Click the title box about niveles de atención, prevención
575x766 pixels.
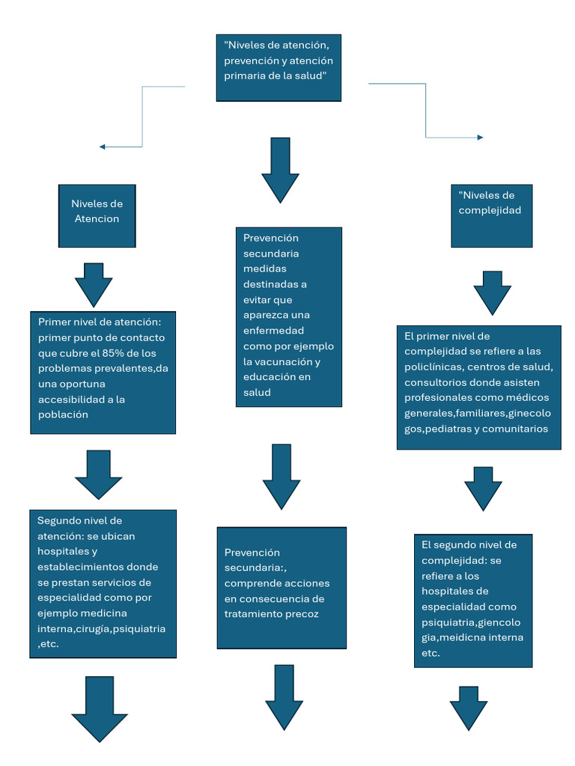(278, 67)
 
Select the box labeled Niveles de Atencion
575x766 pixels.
(97, 215)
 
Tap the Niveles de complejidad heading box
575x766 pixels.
(491, 215)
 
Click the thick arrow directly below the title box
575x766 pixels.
(280, 171)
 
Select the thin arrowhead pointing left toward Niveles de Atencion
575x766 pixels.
(102, 147)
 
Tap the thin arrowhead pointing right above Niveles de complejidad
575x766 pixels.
(480, 138)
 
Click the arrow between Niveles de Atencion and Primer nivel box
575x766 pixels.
(94, 285)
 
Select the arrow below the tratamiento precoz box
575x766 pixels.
(284, 697)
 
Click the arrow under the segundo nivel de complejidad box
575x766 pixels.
(469, 708)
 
